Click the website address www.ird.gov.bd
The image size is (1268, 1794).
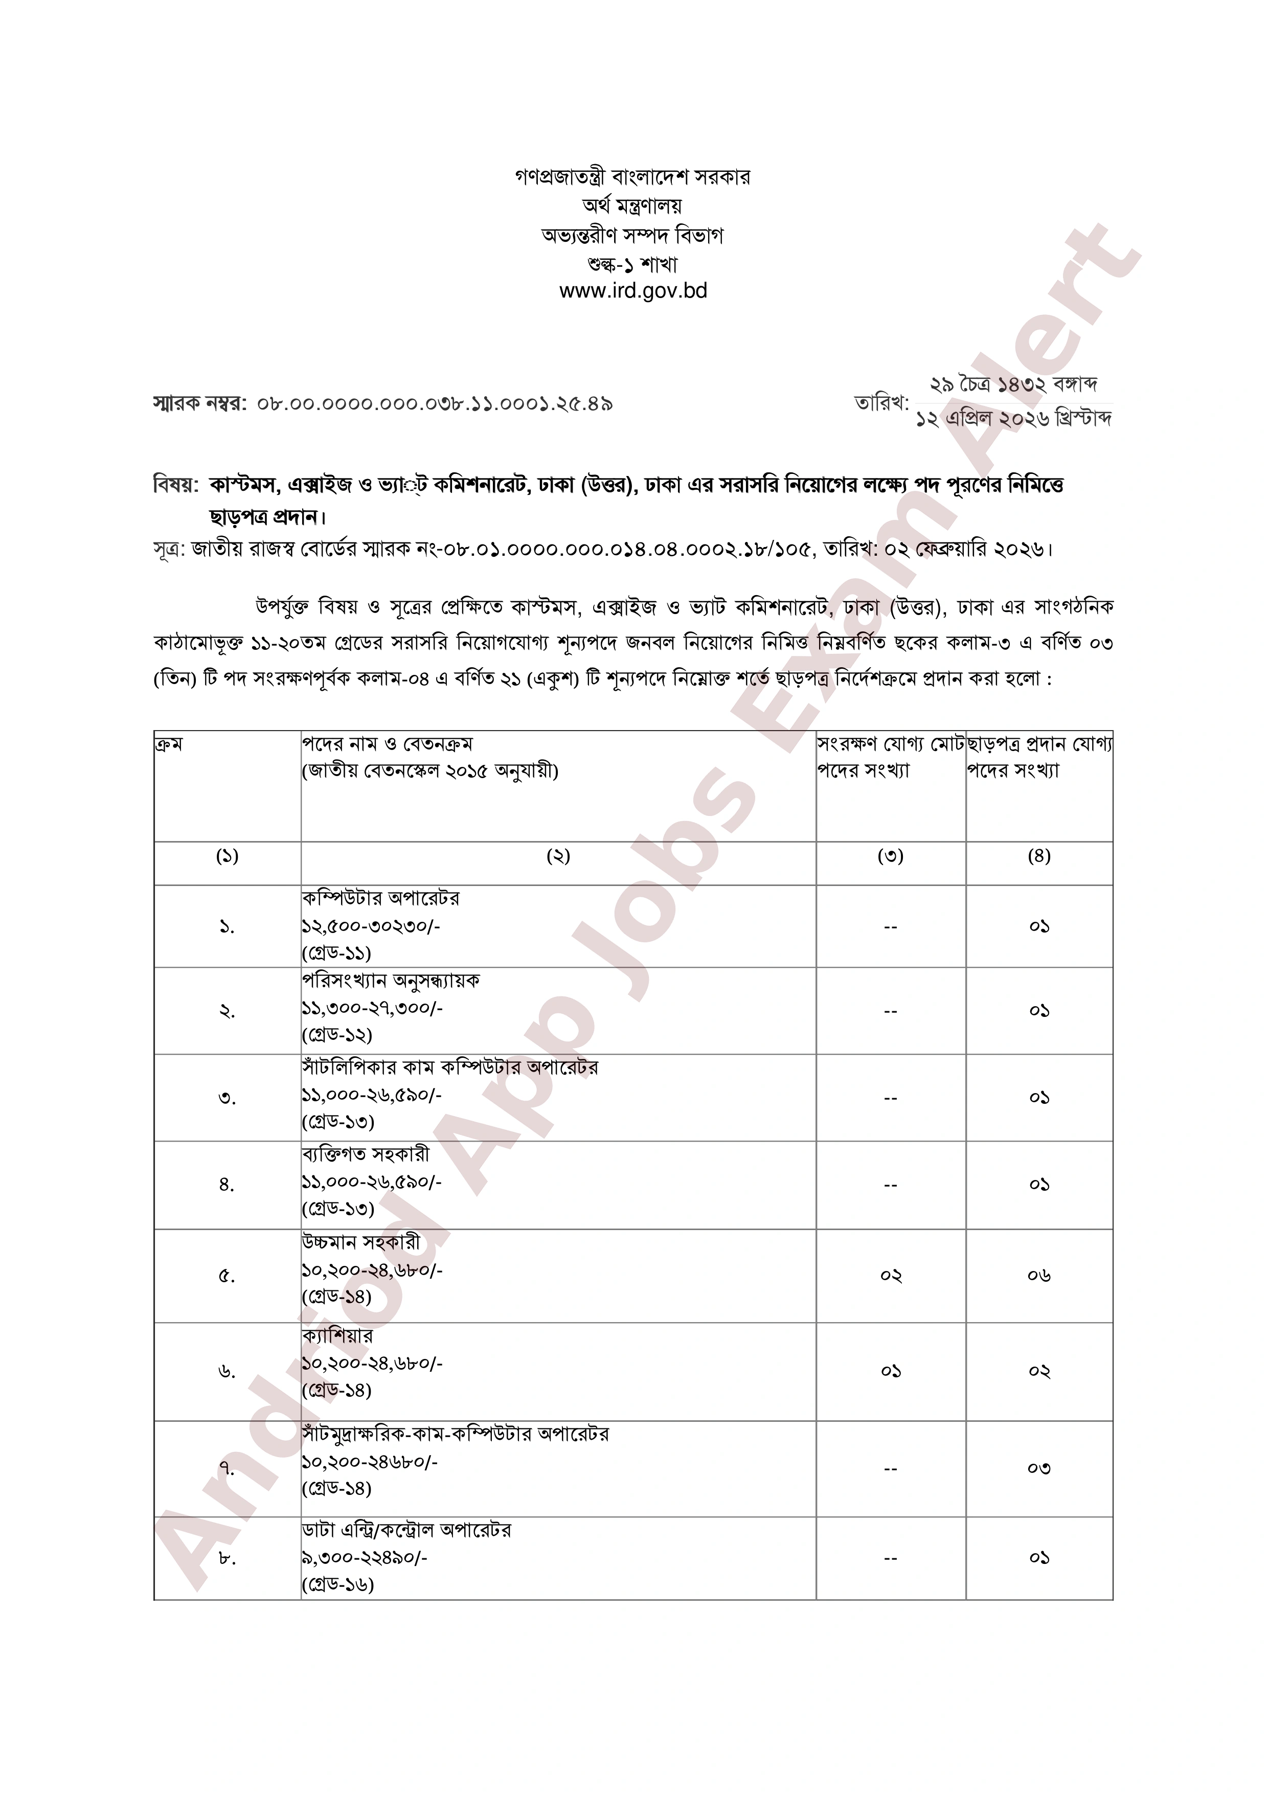[633, 291]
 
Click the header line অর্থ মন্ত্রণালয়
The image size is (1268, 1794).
[633, 206]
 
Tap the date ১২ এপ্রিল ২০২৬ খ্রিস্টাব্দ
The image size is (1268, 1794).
[1014, 418]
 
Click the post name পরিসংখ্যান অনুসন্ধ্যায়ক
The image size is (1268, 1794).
[391, 981]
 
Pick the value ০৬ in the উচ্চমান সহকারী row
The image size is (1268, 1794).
[1038, 1276]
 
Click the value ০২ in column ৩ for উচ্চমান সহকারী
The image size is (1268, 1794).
[891, 1276]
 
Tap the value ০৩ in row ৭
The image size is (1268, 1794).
[1038, 1468]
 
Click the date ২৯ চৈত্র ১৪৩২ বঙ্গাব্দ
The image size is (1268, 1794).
[1014, 384]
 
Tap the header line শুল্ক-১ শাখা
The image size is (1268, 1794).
[633, 264]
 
